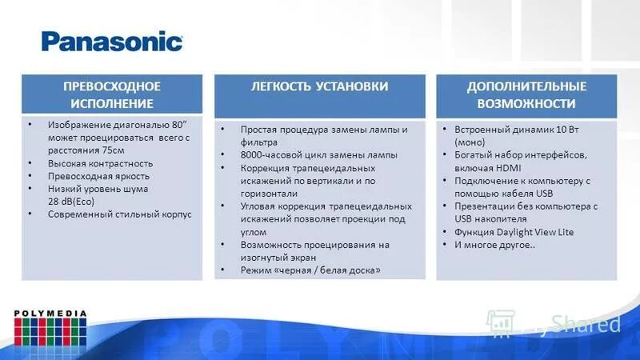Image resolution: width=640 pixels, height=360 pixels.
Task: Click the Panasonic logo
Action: [112, 41]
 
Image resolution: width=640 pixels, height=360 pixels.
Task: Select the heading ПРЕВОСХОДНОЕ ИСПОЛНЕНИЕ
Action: [112, 94]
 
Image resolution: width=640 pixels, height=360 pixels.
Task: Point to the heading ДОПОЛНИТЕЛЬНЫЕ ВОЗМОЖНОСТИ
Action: [526, 94]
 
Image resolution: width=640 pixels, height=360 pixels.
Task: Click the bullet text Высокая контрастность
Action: [99, 162]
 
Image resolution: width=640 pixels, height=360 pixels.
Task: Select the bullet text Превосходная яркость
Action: [98, 175]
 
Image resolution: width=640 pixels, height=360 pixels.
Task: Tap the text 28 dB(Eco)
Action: [70, 201]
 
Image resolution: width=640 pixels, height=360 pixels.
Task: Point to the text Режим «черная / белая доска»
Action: [310, 270]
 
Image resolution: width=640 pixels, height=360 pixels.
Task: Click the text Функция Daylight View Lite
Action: [514, 232]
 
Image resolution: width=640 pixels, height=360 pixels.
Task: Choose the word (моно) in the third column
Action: [468, 142]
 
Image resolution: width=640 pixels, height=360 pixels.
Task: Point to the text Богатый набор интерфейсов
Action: [520, 154]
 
